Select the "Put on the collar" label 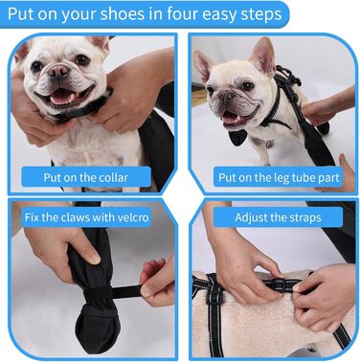86,177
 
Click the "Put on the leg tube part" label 279,177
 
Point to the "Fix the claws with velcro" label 86,217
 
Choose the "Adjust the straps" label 278,217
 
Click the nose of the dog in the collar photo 58,71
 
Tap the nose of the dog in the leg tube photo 228,96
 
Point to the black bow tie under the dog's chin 237,137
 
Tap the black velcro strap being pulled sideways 126,292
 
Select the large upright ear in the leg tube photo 263,56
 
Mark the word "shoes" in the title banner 123,14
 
